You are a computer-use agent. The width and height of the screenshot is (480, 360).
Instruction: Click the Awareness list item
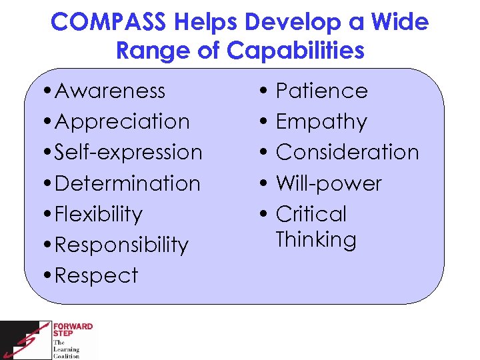click(x=110, y=91)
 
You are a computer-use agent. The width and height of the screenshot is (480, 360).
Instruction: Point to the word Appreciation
click(x=122, y=121)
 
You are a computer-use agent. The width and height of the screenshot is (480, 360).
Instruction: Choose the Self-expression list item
click(x=128, y=152)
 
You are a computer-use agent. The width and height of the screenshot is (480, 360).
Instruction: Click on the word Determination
click(x=127, y=183)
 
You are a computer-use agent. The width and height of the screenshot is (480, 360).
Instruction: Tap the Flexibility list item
click(x=99, y=214)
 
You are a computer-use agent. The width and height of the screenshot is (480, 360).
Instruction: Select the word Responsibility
click(x=121, y=245)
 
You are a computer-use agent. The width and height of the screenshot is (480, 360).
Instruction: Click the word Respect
click(x=96, y=275)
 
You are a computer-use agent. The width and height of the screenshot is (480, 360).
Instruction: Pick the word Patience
click(x=321, y=91)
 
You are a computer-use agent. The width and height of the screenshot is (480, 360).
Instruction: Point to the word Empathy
click(x=321, y=121)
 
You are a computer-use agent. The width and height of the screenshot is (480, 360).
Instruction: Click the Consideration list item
click(x=347, y=152)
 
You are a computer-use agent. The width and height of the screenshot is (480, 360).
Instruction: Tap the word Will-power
click(x=328, y=183)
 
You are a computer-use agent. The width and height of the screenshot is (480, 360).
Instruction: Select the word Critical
click(x=311, y=214)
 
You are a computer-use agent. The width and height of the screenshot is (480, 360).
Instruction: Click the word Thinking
click(x=315, y=239)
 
